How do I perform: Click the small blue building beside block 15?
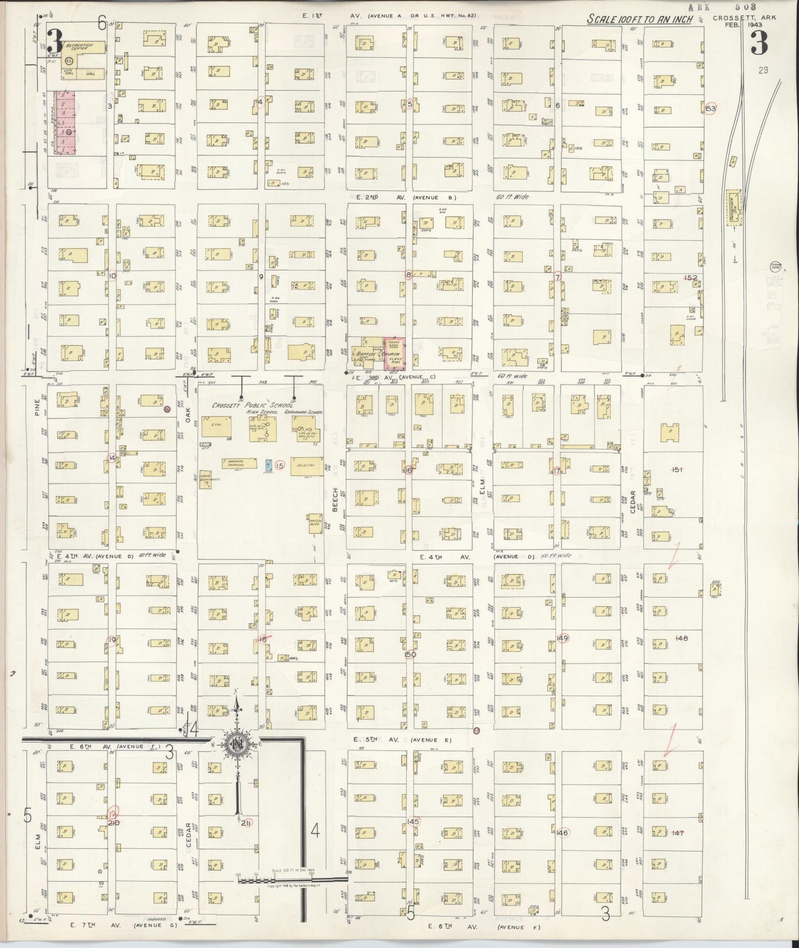click(269, 465)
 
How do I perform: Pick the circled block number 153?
click(711, 108)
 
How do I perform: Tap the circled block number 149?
click(563, 638)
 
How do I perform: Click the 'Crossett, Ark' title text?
click(744, 18)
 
